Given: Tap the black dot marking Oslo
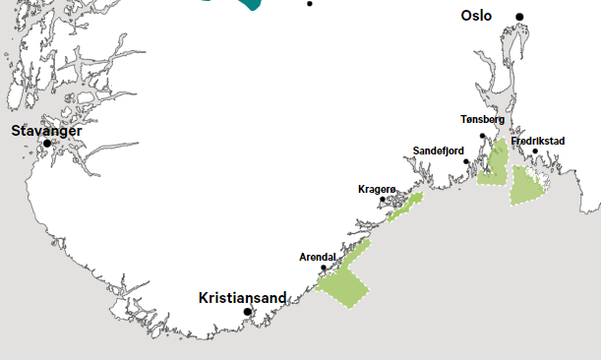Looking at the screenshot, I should [x=520, y=17].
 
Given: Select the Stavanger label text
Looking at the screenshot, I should [x=46, y=130].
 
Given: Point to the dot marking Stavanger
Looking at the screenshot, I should [x=46, y=144].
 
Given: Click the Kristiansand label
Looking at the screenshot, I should [x=242, y=297].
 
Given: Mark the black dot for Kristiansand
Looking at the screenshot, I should [x=248, y=312].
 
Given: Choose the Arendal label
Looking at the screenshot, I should [x=318, y=258].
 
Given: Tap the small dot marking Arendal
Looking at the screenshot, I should [x=324, y=268].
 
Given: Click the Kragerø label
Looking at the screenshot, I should [x=377, y=188].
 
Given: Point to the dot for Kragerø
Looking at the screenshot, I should [x=383, y=199].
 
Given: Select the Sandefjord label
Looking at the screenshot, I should [x=438, y=150].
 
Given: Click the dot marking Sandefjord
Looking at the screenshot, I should [x=466, y=160].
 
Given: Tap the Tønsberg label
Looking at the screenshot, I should [x=482, y=120].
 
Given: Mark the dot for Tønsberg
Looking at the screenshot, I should [x=482, y=136].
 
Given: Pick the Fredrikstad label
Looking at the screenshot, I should [x=538, y=141].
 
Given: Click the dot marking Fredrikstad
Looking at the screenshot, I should [x=535, y=151].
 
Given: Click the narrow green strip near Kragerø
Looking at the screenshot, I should [x=405, y=207].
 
